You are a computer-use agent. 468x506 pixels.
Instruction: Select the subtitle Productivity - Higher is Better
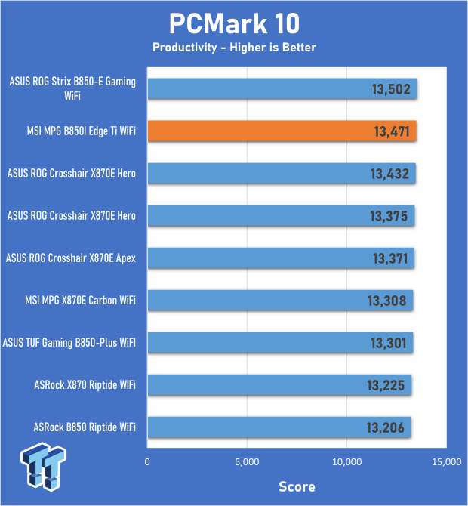[234, 48]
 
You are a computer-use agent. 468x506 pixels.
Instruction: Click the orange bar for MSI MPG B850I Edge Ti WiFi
[282, 131]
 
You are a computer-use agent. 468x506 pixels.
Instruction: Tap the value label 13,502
[390, 89]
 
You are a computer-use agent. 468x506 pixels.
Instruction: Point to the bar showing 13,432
[281, 174]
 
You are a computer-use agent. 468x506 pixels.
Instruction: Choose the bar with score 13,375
[280, 216]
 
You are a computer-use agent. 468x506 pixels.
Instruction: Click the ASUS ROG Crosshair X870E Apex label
[71, 258]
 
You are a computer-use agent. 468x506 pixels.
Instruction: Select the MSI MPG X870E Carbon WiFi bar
[279, 301]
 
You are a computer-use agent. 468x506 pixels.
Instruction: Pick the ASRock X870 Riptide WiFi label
[84, 385]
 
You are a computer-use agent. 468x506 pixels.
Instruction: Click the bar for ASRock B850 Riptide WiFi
[279, 427]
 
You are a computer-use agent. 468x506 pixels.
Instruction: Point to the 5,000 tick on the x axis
[247, 460]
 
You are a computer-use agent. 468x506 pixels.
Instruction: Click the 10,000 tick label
[346, 460]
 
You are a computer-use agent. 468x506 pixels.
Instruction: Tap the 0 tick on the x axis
[148, 460]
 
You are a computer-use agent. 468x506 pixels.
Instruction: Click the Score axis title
[297, 486]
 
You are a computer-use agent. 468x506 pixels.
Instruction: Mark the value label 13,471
[390, 131]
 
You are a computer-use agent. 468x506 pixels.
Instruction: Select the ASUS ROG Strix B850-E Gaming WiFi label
[73, 89]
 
